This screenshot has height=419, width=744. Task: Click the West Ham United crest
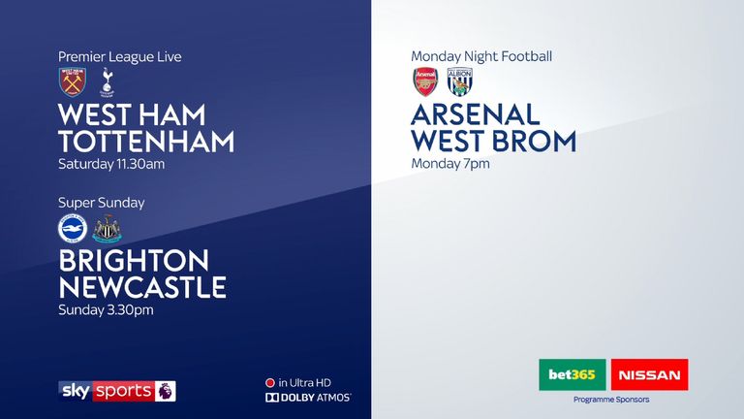coord(72,81)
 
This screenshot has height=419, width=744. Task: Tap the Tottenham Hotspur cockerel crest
coord(108,82)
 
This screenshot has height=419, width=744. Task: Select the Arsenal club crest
coord(425,81)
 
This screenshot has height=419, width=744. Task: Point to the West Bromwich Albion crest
coord(460,81)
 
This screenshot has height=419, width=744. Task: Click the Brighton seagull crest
coord(73,229)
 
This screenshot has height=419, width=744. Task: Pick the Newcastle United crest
coord(108,229)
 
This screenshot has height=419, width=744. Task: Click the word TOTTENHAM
coord(146,142)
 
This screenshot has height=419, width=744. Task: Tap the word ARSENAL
coord(476,114)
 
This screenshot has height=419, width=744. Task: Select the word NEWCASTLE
coord(142,287)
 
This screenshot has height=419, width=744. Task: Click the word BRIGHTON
coord(134,261)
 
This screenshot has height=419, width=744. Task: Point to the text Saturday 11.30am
coord(111,164)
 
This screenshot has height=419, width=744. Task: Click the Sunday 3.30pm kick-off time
coord(106,310)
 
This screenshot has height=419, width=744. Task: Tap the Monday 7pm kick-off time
coord(450,164)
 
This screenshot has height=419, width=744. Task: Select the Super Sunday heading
coord(101,203)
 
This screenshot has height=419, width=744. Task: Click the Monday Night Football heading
coord(481,56)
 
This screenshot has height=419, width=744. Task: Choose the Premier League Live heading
coord(120,57)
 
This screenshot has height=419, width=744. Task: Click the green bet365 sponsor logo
coord(573,374)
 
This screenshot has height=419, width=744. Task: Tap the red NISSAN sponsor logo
coord(650,374)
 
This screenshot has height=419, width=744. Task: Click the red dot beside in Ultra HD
coord(270,383)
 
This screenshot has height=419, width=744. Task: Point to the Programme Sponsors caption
coord(611,400)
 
